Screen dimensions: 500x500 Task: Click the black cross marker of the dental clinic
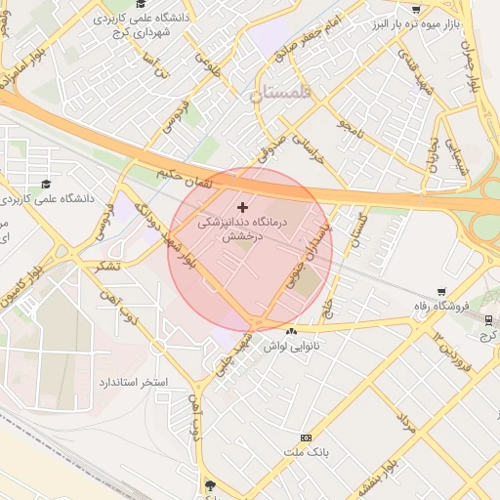[242, 207]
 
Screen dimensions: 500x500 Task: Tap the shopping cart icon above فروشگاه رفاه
[441, 291]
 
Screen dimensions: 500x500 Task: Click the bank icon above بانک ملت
[307, 437]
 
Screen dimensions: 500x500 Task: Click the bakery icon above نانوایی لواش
[290, 332]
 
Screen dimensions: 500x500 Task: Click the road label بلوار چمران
[475, 59]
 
